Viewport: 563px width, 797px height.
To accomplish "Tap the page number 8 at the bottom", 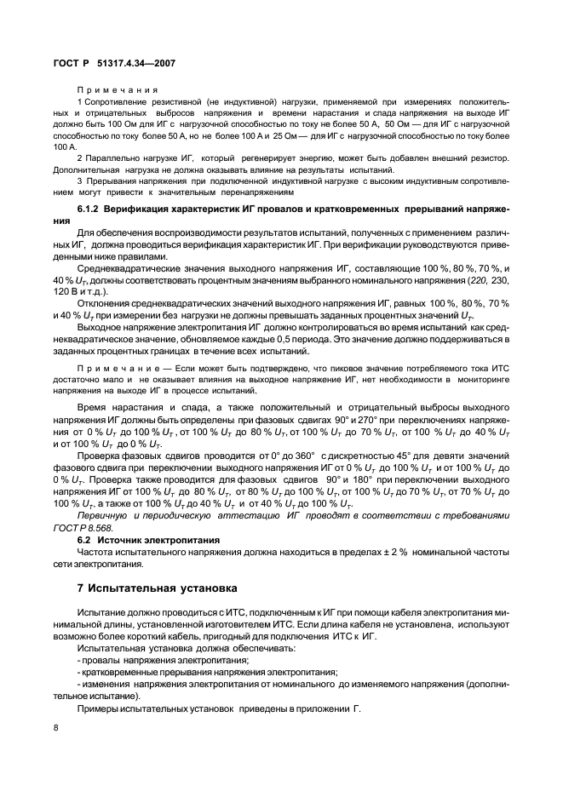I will pos(55,728).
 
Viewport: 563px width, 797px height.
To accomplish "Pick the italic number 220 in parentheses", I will pos(480,280).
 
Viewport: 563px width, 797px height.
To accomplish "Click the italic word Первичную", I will pos(103,516).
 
